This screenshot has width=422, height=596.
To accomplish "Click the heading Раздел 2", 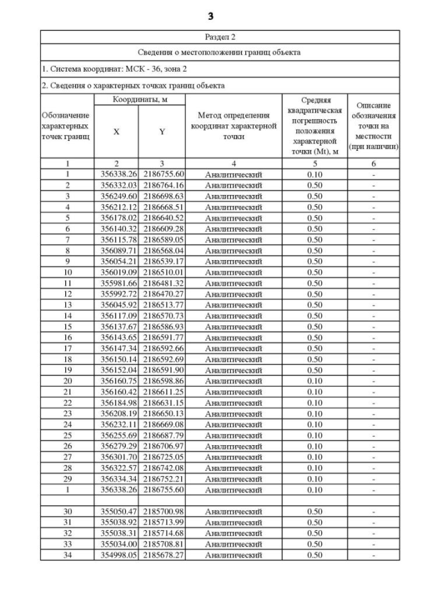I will [x=219, y=37].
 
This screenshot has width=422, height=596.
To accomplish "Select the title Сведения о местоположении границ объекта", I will [x=219, y=53].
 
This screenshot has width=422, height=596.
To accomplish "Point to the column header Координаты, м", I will [x=139, y=99].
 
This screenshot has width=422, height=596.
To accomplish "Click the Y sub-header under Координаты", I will [x=162, y=132].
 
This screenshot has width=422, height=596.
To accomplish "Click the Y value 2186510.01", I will [x=162, y=272].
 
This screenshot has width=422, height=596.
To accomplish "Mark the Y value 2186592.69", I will [x=162, y=359].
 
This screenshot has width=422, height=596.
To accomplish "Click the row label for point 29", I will [x=67, y=479].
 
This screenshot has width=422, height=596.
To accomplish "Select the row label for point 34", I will [x=67, y=555].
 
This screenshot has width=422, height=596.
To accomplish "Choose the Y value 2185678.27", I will [x=162, y=555].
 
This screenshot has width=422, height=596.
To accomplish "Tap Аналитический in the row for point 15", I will [x=233, y=327].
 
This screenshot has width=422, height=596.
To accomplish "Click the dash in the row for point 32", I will [x=373, y=533].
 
